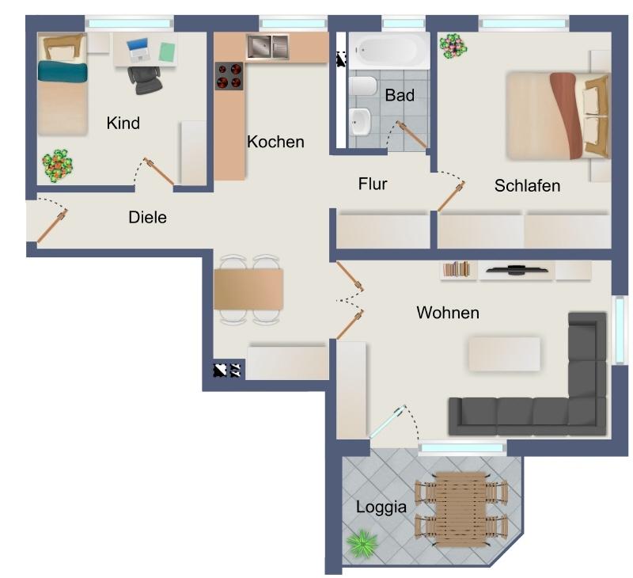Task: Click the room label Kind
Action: point(123,123)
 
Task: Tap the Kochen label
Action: point(275,142)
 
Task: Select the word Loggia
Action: point(381,508)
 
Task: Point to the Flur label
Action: point(372,184)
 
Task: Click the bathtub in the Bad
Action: point(389,51)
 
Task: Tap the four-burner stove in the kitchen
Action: point(229,76)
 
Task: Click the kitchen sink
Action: point(267,47)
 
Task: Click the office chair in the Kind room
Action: point(145,79)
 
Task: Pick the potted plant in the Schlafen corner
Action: point(453,46)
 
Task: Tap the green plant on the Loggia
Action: point(362,542)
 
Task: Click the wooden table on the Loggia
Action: point(461,509)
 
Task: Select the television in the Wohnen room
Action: point(517,269)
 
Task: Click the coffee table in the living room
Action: point(504,354)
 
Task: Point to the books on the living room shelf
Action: point(457,269)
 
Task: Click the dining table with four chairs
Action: point(248,290)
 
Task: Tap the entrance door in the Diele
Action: point(52,226)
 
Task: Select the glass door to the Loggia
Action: point(388,421)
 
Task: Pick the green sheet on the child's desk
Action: point(166,51)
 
